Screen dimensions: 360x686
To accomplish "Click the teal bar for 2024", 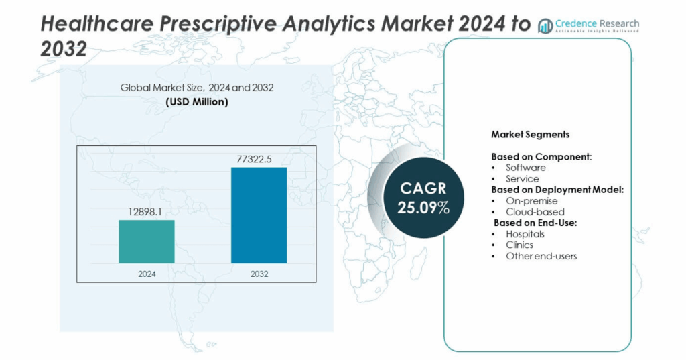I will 147,241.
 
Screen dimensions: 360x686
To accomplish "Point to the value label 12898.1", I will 147,211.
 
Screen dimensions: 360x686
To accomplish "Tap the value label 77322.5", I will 259,158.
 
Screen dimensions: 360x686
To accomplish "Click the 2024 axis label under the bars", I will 147,273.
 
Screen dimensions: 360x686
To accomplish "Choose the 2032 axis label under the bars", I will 259,273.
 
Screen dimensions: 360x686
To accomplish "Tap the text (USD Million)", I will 196,102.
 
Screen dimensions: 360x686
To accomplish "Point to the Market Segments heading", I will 530,134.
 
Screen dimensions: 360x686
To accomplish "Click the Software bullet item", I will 525,168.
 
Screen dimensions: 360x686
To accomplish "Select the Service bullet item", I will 522,179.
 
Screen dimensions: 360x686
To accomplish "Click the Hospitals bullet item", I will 525,234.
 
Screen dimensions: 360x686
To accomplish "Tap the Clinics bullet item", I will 519,245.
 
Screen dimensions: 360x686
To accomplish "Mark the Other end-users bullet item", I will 541,256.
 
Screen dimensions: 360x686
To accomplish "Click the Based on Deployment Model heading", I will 557,190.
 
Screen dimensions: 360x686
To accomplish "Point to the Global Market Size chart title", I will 196,87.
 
